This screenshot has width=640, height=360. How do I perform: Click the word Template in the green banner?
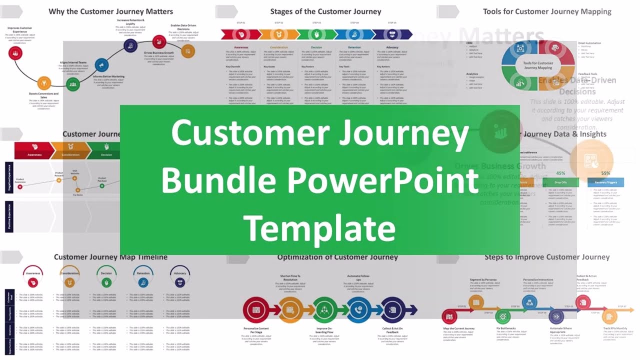click(319, 228)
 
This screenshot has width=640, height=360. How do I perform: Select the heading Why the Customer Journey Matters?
click(110, 11)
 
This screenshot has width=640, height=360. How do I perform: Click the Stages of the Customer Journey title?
click(325, 11)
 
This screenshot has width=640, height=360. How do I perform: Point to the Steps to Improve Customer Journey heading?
click(547, 257)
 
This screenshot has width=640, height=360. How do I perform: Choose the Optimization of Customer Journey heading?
click(337, 257)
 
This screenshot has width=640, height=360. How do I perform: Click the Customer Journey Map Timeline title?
click(110, 257)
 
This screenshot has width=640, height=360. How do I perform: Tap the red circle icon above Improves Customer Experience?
click(16, 53)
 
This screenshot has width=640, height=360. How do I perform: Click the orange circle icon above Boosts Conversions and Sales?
click(44, 82)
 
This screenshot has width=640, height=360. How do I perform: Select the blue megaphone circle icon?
click(101, 65)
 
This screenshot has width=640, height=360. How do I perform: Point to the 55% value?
click(605, 173)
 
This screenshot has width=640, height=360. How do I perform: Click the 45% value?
click(560, 173)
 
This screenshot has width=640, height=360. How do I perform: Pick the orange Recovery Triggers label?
click(605, 182)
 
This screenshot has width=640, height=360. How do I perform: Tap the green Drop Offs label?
click(560, 182)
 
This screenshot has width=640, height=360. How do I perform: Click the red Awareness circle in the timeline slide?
click(33, 282)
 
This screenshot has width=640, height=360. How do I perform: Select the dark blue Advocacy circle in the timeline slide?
click(180, 282)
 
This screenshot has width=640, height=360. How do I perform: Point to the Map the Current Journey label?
click(458, 328)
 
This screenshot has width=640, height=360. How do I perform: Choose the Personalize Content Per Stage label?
click(256, 330)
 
